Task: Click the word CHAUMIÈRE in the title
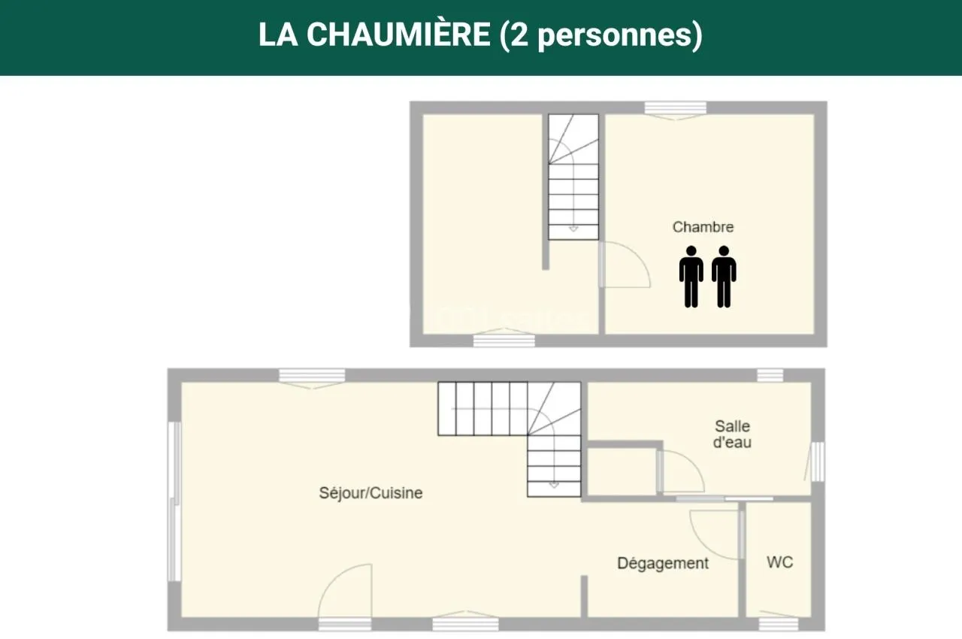tap(398, 35)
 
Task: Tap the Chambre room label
tap(703, 227)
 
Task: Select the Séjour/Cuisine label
tap(371, 493)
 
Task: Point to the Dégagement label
tap(663, 563)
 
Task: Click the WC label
tap(779, 562)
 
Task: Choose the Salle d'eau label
tap(732, 435)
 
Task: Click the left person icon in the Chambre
tap(691, 277)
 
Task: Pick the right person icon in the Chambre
tap(724, 277)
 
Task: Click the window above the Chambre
tap(676, 108)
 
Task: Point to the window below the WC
tap(778, 624)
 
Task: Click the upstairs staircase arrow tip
tap(573, 230)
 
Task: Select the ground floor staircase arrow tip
tap(554, 486)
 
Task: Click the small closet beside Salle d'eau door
tap(622, 471)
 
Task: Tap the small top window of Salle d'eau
tap(770, 375)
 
